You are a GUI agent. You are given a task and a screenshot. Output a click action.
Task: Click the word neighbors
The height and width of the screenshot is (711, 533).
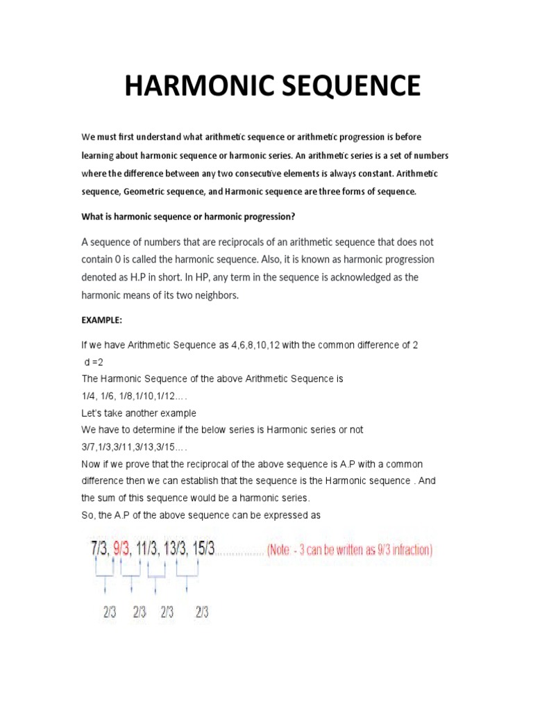click(208, 296)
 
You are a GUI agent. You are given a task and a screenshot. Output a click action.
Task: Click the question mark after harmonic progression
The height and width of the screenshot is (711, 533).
click(294, 217)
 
